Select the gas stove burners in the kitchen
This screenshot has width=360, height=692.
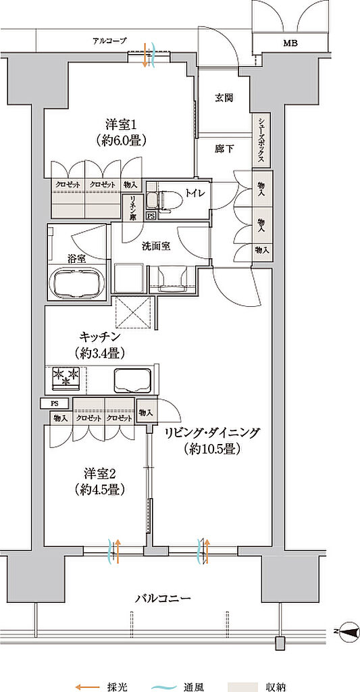click(x=66, y=378)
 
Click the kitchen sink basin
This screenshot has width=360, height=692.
click(x=133, y=380)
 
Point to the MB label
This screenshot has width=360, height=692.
click(x=290, y=43)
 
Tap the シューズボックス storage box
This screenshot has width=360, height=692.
click(x=261, y=141)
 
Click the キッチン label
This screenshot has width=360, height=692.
click(x=100, y=337)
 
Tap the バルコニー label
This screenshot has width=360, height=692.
click(x=163, y=599)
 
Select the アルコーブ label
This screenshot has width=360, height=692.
click(x=109, y=41)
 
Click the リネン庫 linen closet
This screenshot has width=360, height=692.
click(x=132, y=207)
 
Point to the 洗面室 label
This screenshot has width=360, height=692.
click(x=154, y=247)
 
